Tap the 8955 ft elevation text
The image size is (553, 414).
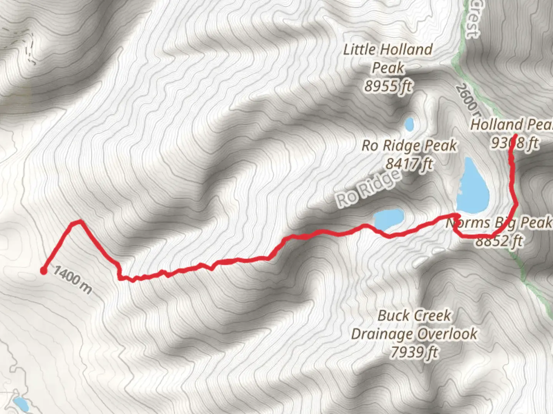coord(388,86)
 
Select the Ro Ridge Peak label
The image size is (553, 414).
coord(409,145)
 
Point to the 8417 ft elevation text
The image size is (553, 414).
coord(409,164)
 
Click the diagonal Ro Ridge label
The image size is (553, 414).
coord(368,188)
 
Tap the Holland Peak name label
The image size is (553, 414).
coord(511,125)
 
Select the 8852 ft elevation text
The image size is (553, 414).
coord(499,241)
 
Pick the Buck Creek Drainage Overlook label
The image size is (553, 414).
coord(414,325)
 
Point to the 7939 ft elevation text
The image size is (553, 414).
coord(414,352)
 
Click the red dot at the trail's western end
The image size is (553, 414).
coord(44,271)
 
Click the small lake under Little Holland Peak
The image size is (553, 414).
coord(409,124)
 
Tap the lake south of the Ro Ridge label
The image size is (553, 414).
coord(389,219)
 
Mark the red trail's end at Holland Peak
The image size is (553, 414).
coord(513,136)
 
